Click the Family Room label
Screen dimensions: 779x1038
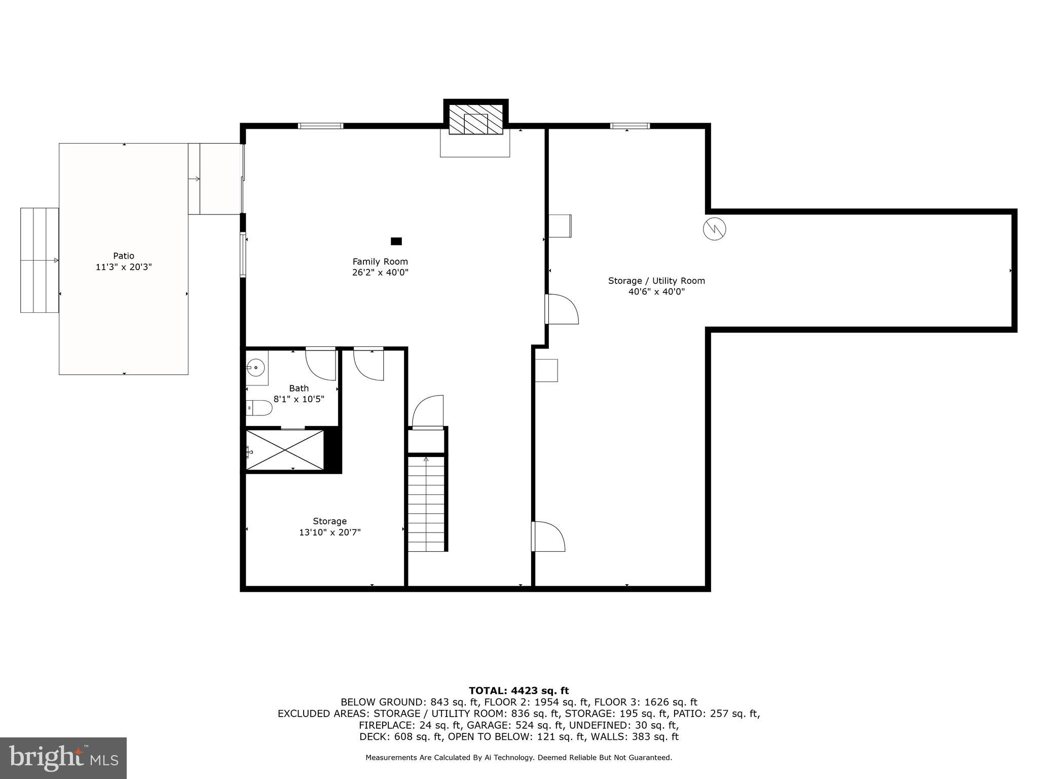click(380, 262)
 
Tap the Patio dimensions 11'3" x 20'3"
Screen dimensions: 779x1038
click(124, 267)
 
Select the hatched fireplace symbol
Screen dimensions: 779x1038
click(475, 120)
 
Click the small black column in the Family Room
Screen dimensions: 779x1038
click(396, 241)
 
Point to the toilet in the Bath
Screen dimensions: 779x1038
click(260, 407)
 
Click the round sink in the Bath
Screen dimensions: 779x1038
click(257, 366)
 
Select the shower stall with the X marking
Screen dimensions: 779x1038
click(285, 450)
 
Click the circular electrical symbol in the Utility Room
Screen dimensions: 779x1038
click(714, 229)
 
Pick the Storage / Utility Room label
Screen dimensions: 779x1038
click(656, 281)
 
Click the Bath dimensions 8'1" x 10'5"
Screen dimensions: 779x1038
click(299, 399)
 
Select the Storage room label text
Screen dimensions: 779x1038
click(329, 521)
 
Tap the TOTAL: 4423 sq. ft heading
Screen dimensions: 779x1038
click(518, 690)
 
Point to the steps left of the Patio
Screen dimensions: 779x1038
click(40, 260)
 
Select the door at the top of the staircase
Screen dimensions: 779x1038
click(428, 412)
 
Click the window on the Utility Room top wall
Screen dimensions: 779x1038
click(629, 126)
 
